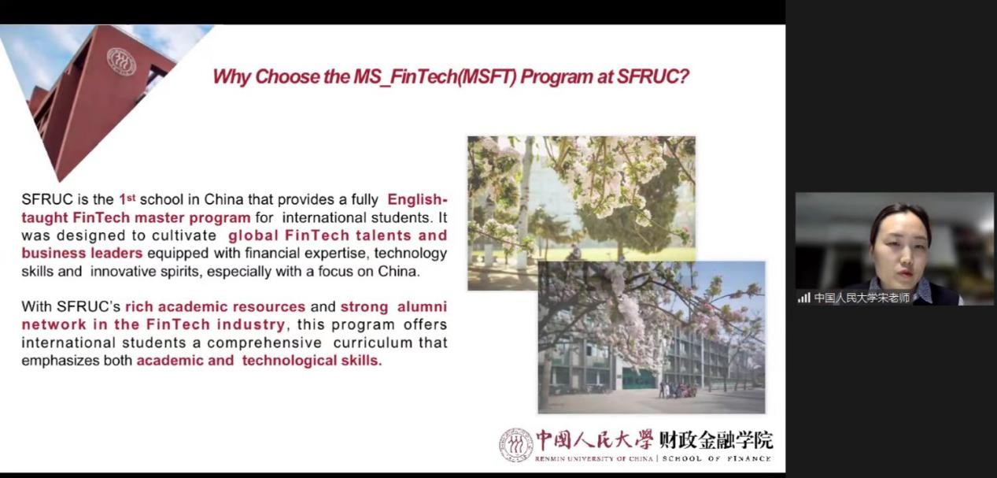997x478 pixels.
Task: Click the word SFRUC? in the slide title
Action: [652, 76]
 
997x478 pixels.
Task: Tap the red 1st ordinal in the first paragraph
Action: [127, 198]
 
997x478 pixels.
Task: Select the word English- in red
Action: [417, 199]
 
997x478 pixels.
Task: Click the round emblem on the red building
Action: [121, 61]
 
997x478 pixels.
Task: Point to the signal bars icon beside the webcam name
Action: [804, 298]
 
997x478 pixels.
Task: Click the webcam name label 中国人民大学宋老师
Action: [862, 298]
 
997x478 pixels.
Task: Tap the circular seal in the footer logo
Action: [516, 445]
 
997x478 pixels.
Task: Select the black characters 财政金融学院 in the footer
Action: [716, 439]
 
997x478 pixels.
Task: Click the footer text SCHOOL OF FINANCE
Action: [717, 458]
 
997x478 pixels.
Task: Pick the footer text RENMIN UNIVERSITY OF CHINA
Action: [594, 458]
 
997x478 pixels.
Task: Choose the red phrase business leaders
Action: [82, 253]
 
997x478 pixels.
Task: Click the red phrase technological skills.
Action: [312, 361]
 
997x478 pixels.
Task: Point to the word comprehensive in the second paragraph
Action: [264, 343]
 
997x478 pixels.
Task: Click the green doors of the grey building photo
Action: [639, 379]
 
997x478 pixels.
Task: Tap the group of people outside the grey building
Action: [677, 390]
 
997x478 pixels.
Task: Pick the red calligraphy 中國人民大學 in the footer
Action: [594, 439]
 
